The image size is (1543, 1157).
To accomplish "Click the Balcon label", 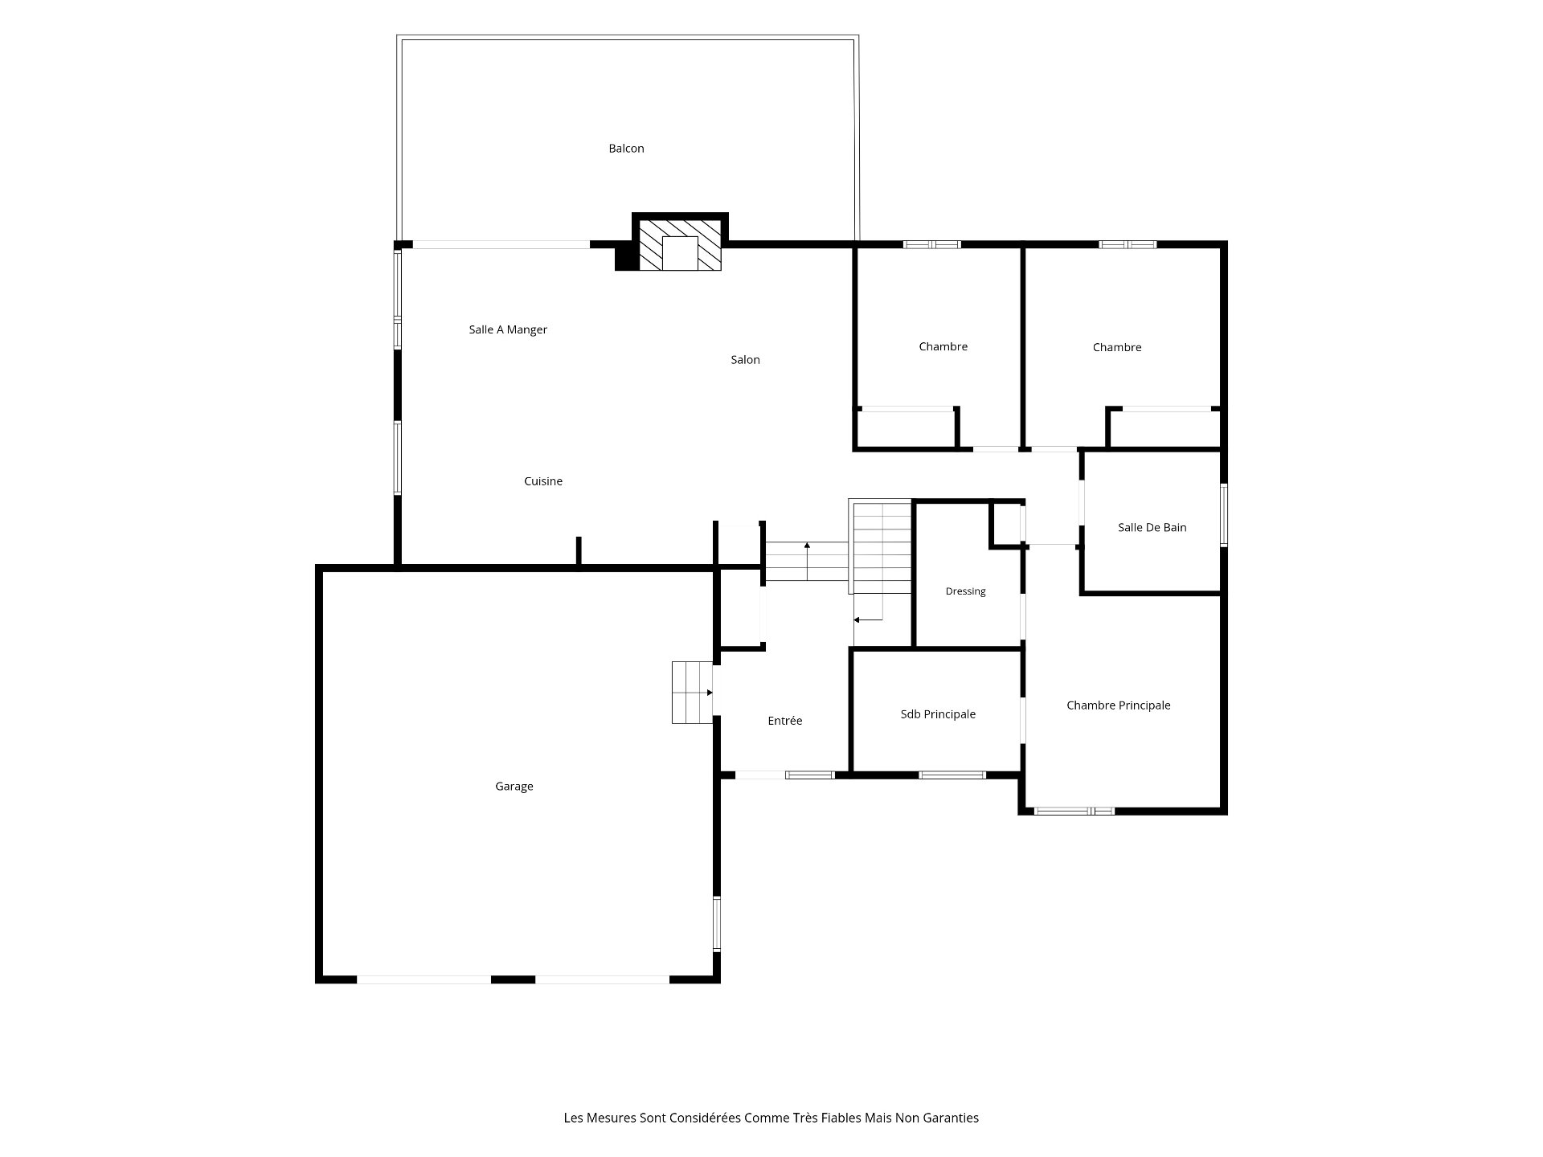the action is pos(626,149).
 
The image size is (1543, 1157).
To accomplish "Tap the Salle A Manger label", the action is pos(508,329).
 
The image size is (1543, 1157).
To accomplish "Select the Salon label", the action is pos(745,360).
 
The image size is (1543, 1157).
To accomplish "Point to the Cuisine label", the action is pos(543,481).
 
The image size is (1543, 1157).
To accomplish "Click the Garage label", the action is pos(514,787).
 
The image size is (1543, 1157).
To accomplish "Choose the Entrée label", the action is pos(785,721).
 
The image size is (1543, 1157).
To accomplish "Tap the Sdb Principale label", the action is pos(938,714).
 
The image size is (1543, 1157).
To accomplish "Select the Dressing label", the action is pos(965,591).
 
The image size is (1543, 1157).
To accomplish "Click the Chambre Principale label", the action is pos(1119,705).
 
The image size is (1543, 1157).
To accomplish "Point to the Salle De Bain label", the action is pos(1152,528).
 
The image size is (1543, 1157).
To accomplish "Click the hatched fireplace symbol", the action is pos(680,245).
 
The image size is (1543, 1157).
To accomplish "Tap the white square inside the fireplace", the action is pos(680,254).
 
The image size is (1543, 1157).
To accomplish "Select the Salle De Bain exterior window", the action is pos(1224,515).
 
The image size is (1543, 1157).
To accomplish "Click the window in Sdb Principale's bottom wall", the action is pos(952,775).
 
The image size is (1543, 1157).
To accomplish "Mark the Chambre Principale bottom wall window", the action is pos(1074,811).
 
